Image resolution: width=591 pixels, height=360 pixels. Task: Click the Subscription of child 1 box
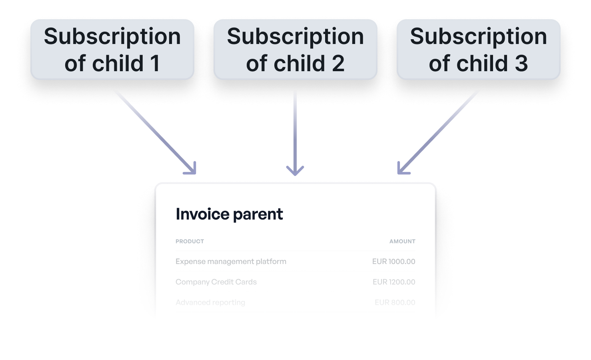pos(112,50)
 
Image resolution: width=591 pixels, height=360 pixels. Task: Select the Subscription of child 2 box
pos(295,50)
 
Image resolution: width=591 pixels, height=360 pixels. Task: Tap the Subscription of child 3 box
pos(479,50)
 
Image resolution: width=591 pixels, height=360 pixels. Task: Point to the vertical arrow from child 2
pos(295,132)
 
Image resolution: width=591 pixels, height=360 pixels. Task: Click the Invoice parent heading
pos(229,214)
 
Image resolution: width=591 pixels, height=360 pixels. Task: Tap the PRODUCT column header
pos(190,241)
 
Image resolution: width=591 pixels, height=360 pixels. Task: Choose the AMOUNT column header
pos(402,241)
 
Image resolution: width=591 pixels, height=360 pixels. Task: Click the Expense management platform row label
pos(231,262)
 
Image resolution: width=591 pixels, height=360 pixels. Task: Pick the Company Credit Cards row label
pos(216,282)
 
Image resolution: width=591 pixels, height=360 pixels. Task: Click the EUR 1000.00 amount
pos(393,262)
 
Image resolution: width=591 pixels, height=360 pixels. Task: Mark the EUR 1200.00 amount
pos(394,282)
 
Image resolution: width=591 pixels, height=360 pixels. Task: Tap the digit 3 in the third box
pos(521,64)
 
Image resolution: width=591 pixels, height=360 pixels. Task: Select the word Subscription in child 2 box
pos(295,37)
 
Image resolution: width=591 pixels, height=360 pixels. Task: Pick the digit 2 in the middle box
pos(338,64)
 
